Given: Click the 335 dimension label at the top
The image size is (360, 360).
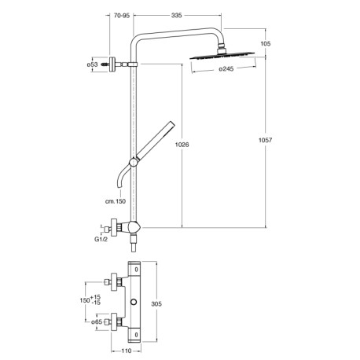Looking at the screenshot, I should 182,15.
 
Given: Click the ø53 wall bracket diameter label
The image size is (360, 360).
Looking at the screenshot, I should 91,64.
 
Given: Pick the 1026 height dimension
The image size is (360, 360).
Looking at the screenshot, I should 182,144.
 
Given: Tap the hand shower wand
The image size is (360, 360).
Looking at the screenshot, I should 156,140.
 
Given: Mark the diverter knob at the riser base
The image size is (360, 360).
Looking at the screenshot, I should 138,228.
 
